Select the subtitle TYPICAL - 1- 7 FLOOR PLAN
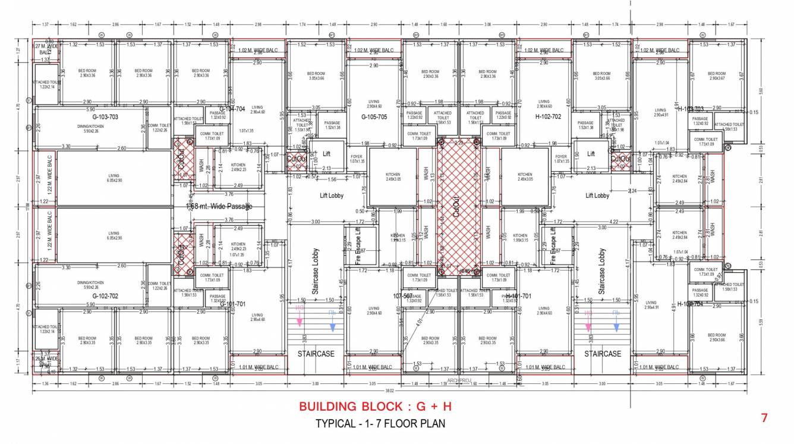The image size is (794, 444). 380,424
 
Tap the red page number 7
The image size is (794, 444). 764,418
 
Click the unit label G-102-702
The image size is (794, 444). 106,295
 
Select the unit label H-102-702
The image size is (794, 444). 548,117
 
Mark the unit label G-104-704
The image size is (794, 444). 232,109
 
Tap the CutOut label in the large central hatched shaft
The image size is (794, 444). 456,205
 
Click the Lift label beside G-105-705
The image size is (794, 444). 326,153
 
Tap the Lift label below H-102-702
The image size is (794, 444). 591,153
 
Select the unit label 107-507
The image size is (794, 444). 403,295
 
